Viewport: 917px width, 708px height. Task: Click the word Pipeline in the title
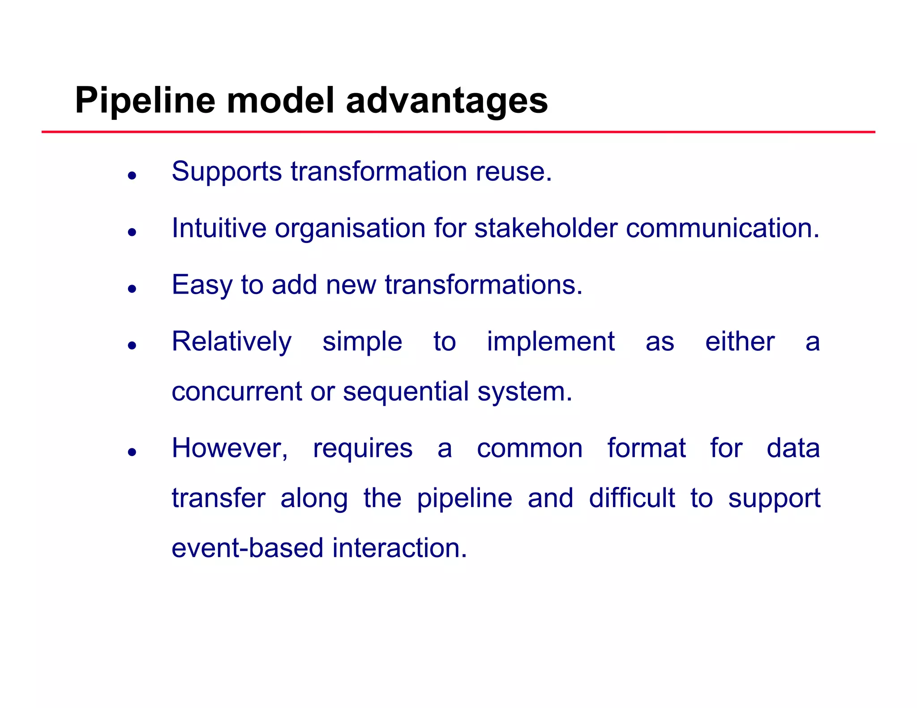[x=145, y=101]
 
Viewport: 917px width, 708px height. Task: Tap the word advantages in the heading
[x=446, y=101]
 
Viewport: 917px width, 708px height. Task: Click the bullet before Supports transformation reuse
[x=132, y=175]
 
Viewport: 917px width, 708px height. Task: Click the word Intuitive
[x=219, y=228]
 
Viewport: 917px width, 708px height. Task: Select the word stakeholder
[x=546, y=228]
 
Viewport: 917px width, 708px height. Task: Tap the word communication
[x=722, y=228]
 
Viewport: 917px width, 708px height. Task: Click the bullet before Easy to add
[x=132, y=289]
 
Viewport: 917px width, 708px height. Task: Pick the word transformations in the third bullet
[x=484, y=285]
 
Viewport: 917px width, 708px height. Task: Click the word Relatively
[x=231, y=342]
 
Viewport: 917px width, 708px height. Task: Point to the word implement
[x=550, y=342]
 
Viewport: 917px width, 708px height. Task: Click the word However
[x=230, y=448]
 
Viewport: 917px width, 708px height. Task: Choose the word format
[x=646, y=448]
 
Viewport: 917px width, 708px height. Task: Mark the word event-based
[x=247, y=548]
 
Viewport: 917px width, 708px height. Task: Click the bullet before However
[x=132, y=452]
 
